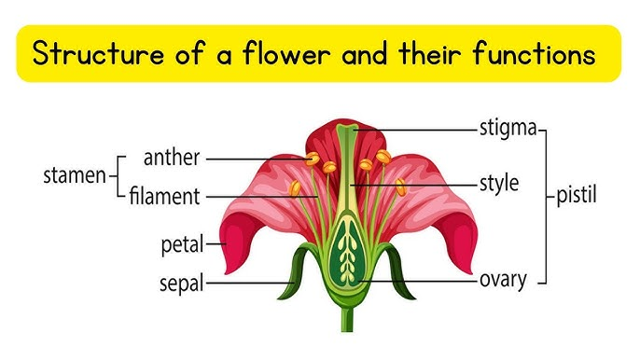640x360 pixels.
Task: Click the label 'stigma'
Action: pyautogui.click(x=508, y=127)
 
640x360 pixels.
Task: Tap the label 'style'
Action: pyautogui.click(x=498, y=184)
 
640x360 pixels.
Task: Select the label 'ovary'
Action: pyautogui.click(x=503, y=279)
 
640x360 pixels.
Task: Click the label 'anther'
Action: pyautogui.click(x=172, y=158)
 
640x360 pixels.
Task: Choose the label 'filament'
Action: pyautogui.click(x=165, y=197)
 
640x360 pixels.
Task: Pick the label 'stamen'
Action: pyautogui.click(x=75, y=176)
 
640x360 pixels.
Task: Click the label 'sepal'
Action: pyautogui.click(x=182, y=282)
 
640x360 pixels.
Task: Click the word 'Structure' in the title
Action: pyautogui.click(x=94, y=54)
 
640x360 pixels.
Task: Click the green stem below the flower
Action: pyautogui.click(x=347, y=312)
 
